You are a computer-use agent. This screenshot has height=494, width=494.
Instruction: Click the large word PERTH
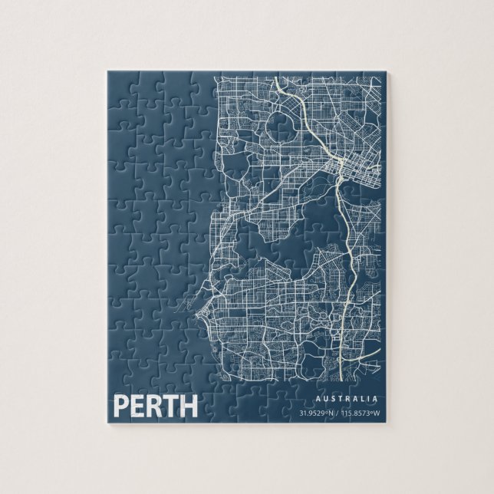(x=156, y=406)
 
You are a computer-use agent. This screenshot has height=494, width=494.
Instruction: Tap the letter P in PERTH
(x=121, y=406)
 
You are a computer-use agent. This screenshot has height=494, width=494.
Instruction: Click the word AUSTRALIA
(x=347, y=399)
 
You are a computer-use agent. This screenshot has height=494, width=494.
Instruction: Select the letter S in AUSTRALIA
(x=333, y=399)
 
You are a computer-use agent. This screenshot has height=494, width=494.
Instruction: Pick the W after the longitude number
(x=377, y=414)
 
